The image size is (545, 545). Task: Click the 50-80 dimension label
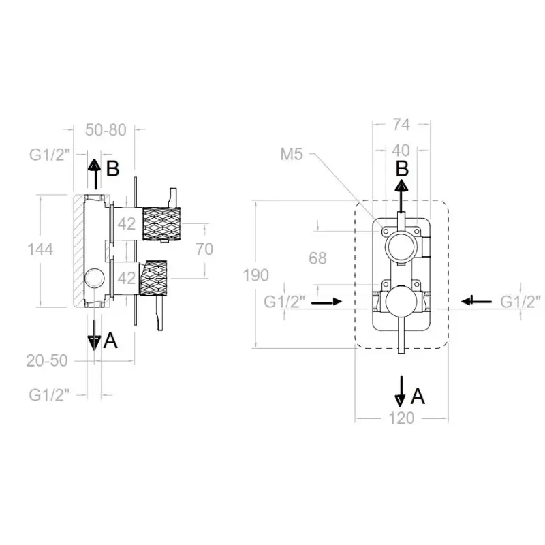106,130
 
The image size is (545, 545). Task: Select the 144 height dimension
40,249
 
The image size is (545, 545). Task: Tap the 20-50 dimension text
47,361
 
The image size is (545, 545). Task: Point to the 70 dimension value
204,249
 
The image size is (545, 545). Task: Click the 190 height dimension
256,275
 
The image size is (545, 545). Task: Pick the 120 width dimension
401,418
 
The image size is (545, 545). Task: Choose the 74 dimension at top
401,125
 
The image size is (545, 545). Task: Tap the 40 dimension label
401,151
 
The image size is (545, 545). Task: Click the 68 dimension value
317,258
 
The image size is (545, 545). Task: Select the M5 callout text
292,155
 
